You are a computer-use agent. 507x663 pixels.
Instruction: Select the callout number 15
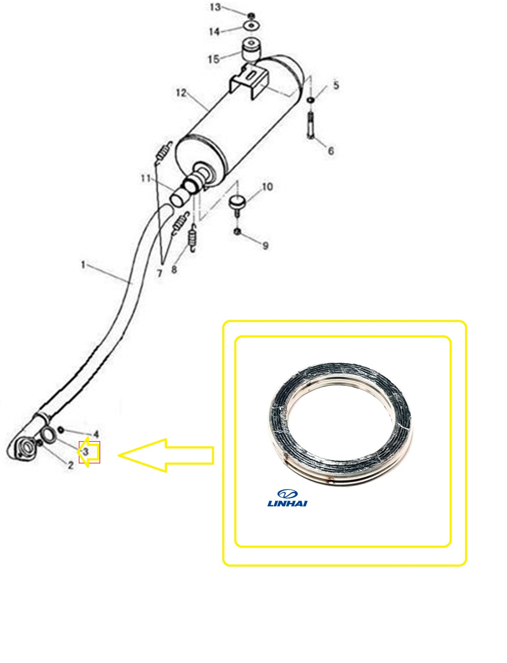coord(213,59)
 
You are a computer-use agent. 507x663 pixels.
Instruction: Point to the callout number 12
coord(181,93)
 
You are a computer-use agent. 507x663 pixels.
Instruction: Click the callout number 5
coord(336,85)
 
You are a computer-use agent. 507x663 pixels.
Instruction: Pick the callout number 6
coord(331,151)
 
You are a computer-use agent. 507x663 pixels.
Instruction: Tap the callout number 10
coord(267,187)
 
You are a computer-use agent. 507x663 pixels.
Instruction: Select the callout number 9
coord(265,245)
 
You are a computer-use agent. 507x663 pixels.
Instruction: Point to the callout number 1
coord(83,265)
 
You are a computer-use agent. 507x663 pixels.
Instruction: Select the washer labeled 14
coord(252,26)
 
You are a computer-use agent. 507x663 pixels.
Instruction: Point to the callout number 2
coord(71,465)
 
